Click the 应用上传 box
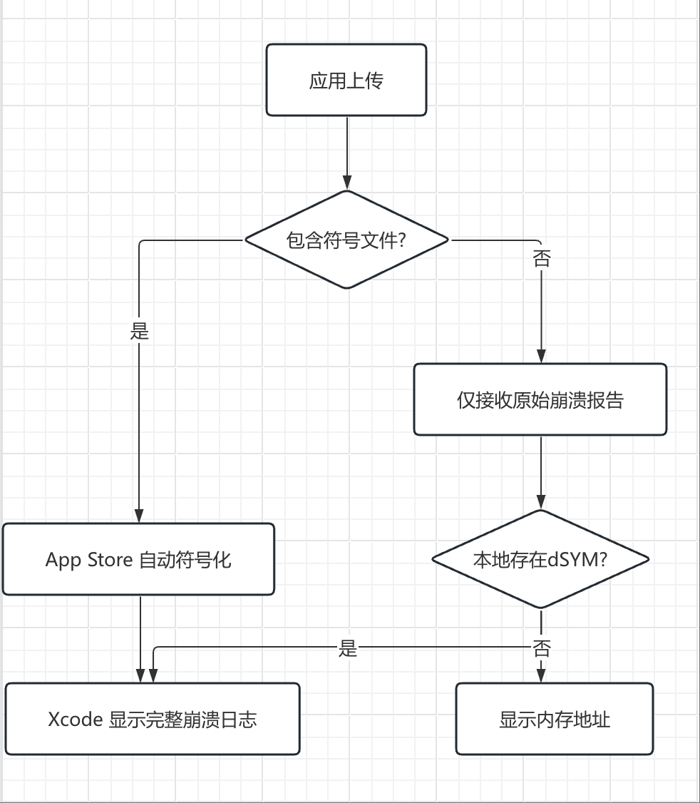click(x=346, y=80)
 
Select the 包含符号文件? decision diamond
click(x=347, y=240)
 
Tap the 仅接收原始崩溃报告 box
click(x=540, y=399)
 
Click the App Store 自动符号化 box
click(x=138, y=559)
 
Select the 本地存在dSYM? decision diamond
click(x=540, y=559)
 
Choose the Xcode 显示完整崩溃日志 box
click(x=153, y=719)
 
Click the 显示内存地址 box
click(x=554, y=719)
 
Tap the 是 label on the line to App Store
click(x=140, y=331)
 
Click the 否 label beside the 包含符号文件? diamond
click(x=541, y=259)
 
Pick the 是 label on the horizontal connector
click(x=347, y=648)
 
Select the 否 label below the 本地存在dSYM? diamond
click(x=541, y=648)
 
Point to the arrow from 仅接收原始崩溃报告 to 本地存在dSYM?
click(x=541, y=471)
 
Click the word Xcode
click(x=76, y=720)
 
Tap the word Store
click(x=110, y=560)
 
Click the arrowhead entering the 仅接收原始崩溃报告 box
click(x=541, y=356)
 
